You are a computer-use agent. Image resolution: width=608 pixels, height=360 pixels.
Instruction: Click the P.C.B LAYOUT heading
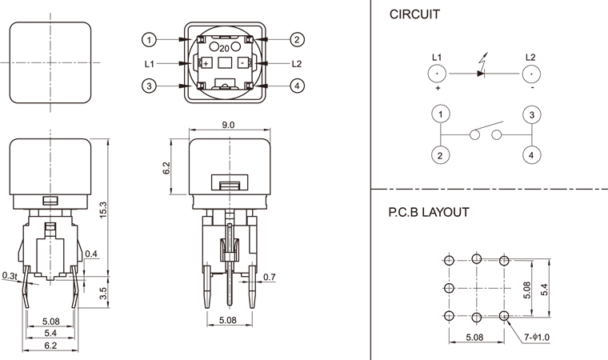(429, 213)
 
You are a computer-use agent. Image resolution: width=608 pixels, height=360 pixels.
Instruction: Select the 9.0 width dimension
(227, 125)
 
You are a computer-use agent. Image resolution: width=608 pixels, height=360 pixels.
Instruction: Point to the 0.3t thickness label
(10, 275)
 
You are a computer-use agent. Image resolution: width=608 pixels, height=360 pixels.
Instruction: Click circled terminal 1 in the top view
(148, 39)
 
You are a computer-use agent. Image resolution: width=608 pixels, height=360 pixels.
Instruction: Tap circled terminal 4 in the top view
(297, 86)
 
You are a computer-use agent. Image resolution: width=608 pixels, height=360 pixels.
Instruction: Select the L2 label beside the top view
(297, 63)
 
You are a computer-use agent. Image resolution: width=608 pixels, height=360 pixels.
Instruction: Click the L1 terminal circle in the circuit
(438, 74)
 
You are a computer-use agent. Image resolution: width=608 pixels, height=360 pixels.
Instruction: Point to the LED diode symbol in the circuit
(480, 74)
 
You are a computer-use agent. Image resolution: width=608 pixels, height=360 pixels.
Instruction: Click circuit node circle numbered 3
(531, 115)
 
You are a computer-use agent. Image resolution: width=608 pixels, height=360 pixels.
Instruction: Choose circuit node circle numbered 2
(439, 155)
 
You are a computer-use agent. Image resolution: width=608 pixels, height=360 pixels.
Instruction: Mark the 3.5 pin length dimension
(102, 293)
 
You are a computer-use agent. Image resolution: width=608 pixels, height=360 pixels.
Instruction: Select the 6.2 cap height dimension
(166, 168)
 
